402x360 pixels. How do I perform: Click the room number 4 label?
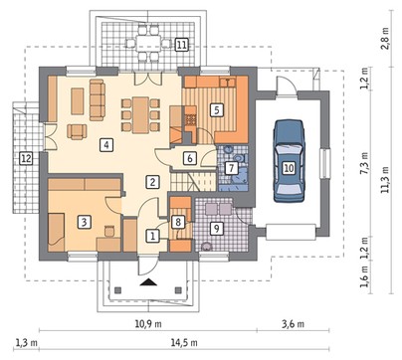pos(106,145)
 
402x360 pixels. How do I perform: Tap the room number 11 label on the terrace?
pos(181,45)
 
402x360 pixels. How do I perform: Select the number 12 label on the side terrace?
pos(26,158)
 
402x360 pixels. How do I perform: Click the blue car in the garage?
pos(289,161)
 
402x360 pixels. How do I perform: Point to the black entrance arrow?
pos(148,282)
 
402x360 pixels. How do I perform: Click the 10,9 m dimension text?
pos(148,324)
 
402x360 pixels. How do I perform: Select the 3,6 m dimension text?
pos(294,324)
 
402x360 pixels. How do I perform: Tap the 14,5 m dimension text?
pos(184,342)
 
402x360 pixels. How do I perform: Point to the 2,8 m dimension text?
pos(385,38)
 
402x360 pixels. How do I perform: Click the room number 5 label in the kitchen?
pos(216,109)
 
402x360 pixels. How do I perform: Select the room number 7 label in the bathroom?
pos(231,168)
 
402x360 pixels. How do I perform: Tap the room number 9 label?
pos(216,229)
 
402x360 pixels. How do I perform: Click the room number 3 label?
pos(84,222)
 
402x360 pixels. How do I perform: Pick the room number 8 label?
pos(178,222)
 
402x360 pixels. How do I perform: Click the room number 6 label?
pos(190,158)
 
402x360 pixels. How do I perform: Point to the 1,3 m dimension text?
pos(26,342)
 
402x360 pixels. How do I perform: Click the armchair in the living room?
pos(77,131)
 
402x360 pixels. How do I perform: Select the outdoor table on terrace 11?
pos(148,43)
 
